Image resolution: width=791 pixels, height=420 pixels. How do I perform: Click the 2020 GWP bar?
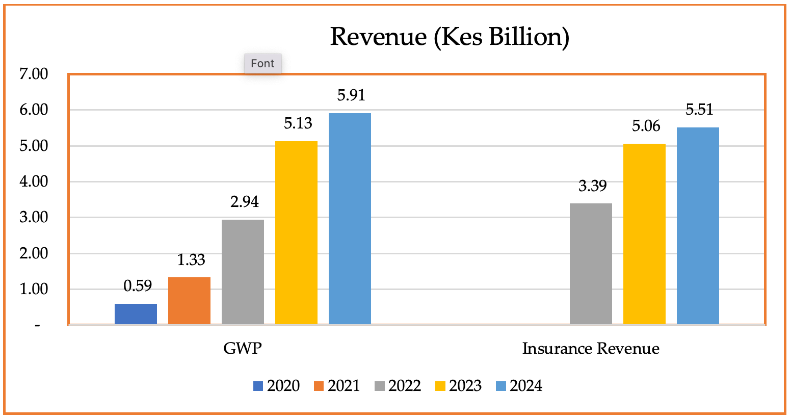(136, 313)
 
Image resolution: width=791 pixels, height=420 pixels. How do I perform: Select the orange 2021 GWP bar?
(189, 300)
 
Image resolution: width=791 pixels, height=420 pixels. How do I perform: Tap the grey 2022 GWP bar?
(243, 272)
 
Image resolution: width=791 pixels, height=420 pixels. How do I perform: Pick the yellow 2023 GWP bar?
(296, 232)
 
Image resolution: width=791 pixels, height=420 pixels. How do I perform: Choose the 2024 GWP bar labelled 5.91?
(350, 218)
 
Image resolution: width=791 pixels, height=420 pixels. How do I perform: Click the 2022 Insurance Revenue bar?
(591, 264)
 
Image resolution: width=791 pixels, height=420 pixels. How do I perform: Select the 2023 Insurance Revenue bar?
(644, 233)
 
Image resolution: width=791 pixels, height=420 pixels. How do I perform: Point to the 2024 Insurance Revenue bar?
(698, 225)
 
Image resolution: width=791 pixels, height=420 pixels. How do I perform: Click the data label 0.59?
(138, 286)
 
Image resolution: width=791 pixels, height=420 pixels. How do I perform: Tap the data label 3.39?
(592, 186)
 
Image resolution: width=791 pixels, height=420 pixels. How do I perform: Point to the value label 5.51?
(699, 110)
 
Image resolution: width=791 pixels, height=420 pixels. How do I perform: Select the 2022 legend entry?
(398, 386)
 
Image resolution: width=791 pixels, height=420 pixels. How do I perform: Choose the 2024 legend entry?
(519, 386)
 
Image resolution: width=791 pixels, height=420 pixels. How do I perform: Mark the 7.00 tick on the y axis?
(34, 74)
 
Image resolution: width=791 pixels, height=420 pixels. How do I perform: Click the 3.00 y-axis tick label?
(34, 218)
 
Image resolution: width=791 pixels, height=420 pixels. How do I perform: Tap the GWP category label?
(243, 349)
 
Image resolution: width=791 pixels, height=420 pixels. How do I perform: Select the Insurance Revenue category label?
(591, 349)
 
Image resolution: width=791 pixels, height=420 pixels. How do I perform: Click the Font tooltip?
(262, 64)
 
